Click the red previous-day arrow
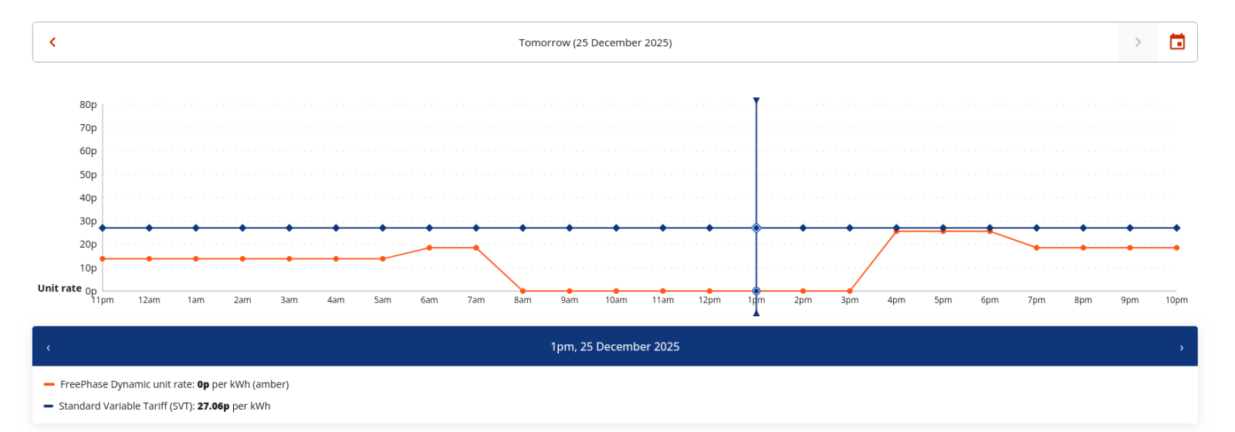52,42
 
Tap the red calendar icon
1177,42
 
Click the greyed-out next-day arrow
1138,42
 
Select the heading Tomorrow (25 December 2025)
595,42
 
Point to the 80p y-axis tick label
88,105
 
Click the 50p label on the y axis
88,175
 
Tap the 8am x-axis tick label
523,300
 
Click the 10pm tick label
1176,300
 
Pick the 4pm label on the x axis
896,300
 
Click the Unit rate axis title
59,289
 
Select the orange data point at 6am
429,248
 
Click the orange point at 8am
523,291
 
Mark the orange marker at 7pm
1037,248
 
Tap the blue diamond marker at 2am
242,228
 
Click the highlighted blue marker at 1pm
756,228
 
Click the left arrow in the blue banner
48,347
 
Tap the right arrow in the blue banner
1181,347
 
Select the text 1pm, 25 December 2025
615,347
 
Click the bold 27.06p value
213,407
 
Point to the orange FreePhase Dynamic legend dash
49,384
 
